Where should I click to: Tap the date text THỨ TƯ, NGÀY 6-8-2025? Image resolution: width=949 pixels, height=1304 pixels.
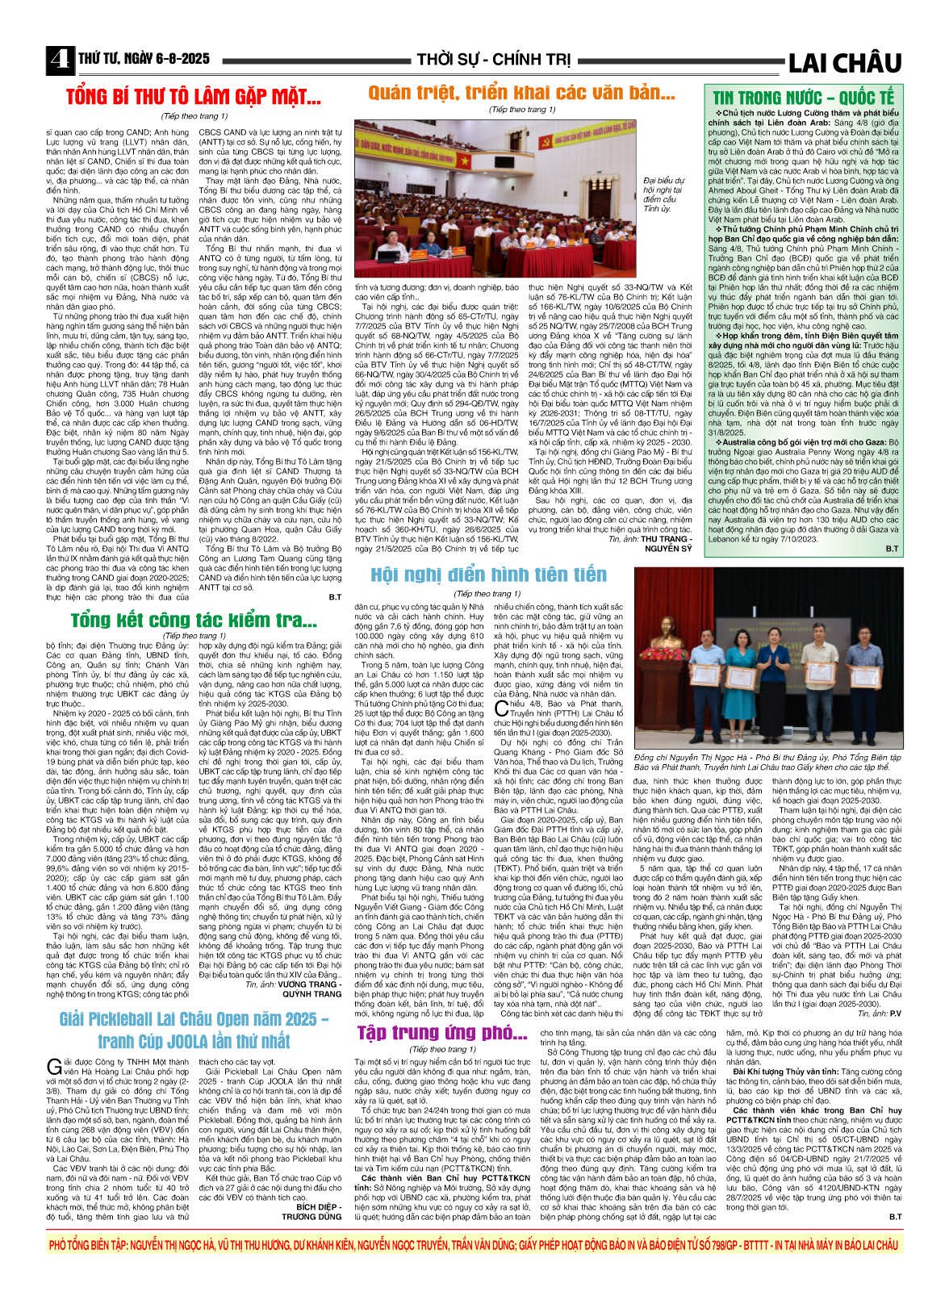(x=144, y=59)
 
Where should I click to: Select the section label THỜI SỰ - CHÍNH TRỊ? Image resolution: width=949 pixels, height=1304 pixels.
(x=493, y=60)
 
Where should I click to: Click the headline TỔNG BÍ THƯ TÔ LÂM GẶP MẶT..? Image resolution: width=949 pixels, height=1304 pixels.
(x=194, y=98)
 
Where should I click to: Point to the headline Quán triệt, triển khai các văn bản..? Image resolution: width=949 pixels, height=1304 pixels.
(x=521, y=94)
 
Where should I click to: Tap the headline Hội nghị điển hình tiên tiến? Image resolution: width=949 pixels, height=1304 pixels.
(x=488, y=575)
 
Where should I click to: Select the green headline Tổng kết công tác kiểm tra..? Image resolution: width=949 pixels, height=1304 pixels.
(x=194, y=620)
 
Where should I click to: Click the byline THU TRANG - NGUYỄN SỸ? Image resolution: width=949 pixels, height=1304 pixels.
(x=667, y=544)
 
